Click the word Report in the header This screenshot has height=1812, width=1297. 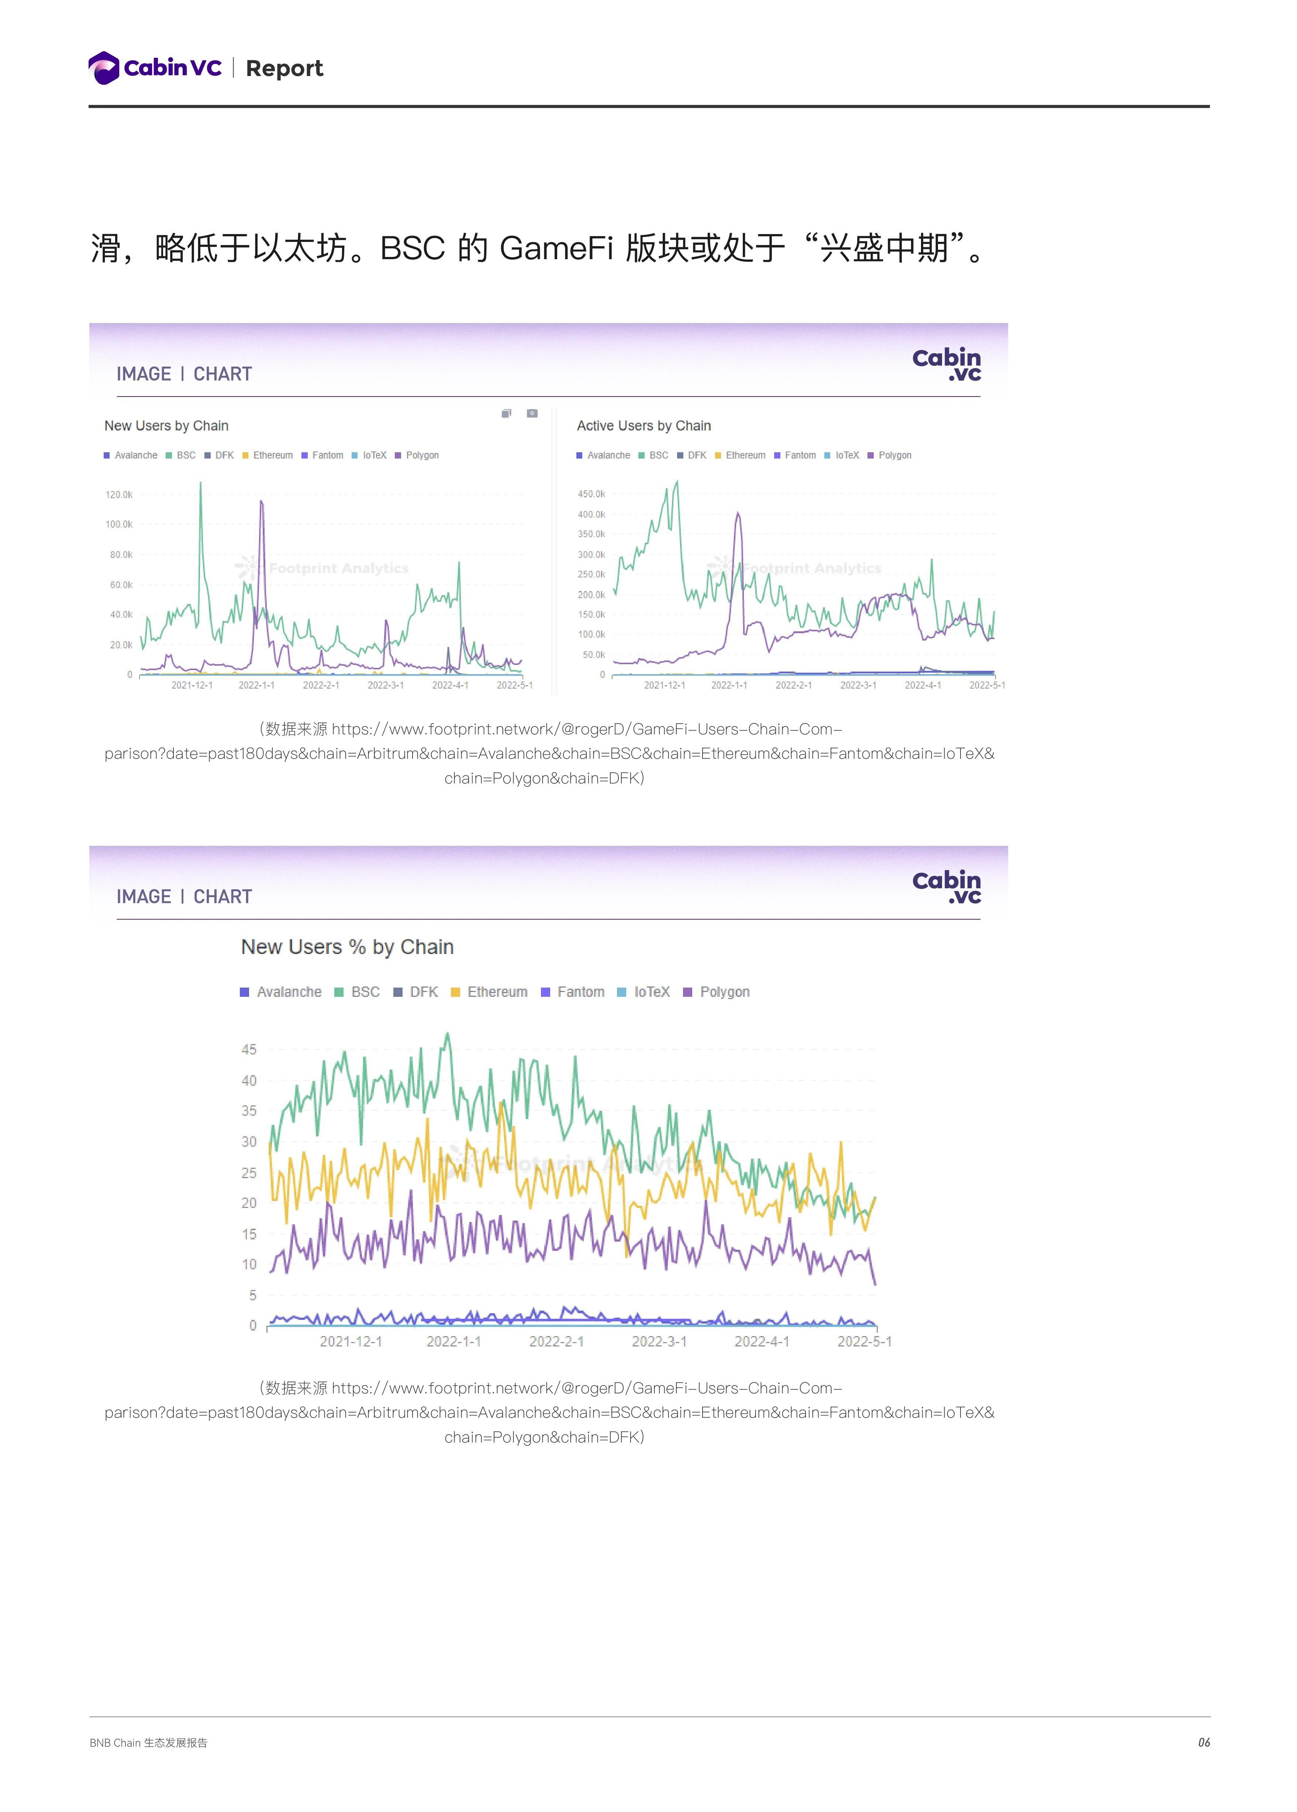point(284,69)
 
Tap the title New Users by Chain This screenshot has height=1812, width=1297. point(166,426)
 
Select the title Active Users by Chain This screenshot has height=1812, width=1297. point(644,426)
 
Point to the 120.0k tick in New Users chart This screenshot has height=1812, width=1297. point(119,495)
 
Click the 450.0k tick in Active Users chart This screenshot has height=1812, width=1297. point(592,494)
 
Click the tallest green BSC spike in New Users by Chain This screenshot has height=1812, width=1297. point(200,484)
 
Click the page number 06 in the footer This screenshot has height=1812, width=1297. point(1204,1743)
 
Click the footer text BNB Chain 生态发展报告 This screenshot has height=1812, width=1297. point(149,1743)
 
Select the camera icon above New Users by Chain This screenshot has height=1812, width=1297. point(532,413)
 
